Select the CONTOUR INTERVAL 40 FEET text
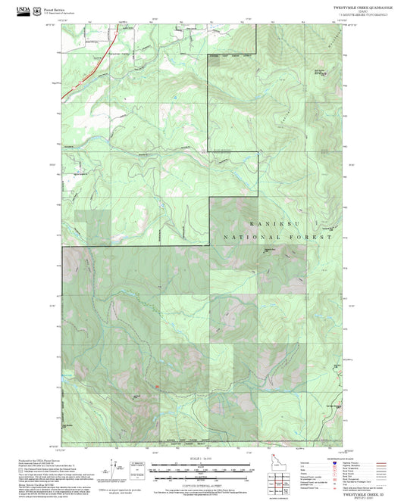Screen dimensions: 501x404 (201, 486)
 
